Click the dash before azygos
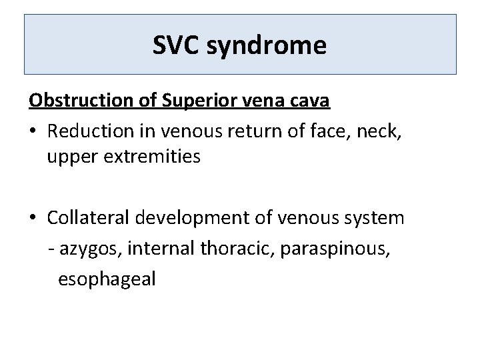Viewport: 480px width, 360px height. pos(52,249)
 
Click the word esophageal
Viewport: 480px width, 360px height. pos(107,279)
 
